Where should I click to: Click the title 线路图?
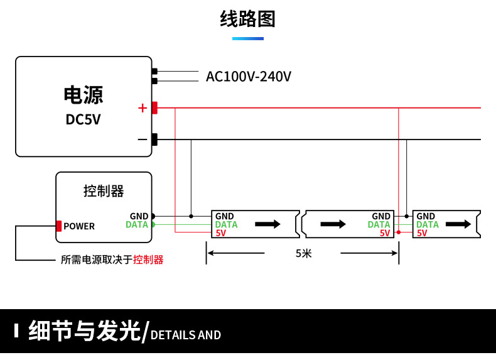248,19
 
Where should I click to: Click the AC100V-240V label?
249,77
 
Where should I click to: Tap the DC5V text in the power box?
83,119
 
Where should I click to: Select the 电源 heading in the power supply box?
83,95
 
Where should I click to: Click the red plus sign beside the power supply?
142,108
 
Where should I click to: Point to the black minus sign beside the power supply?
142,139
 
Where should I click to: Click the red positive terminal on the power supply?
154,108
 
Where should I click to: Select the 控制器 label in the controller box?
104,191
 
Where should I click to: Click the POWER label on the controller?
79,226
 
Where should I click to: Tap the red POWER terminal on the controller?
58,226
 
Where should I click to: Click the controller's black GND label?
139,216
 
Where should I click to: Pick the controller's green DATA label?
137,224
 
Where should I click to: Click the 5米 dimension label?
303,253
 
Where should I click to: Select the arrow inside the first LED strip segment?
267,224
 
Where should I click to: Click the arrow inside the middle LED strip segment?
333,224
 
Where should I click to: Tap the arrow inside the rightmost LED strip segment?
458,224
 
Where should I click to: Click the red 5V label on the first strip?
220,233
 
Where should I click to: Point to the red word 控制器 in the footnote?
148,259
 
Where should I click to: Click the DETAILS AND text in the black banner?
186,335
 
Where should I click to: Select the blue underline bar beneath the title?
248,39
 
